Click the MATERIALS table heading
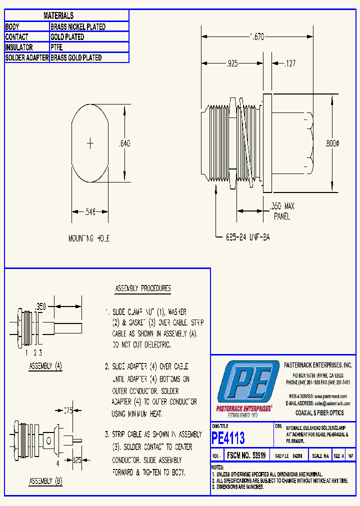[58, 16]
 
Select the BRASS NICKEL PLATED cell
[78, 26]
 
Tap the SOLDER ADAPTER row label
[27, 58]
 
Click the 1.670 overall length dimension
[257, 36]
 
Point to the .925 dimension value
[230, 63]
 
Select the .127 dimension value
[290, 63]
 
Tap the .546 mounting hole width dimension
[89, 212]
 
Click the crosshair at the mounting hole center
[90, 143]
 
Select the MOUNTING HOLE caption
[89, 239]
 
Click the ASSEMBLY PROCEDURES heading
[143, 288]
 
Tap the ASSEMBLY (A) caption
[45, 366]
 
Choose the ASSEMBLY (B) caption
[45, 481]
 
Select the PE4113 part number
[228, 438]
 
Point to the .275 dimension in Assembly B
[68, 411]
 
